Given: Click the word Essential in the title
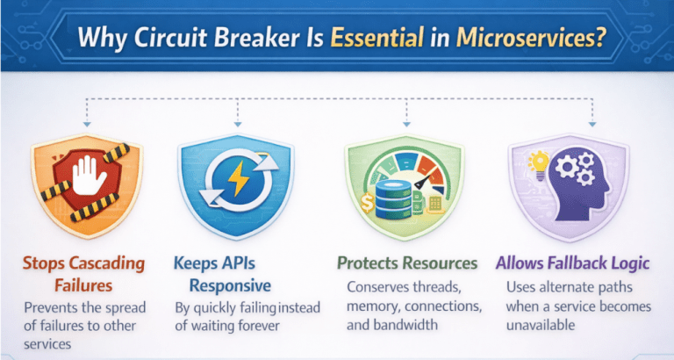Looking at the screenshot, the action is click(377, 38).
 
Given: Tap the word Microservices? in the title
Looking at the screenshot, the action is click(531, 38).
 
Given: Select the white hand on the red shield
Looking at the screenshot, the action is click(89, 176).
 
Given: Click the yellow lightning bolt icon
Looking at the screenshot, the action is click(238, 178).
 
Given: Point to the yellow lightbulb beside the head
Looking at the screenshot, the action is click(539, 164).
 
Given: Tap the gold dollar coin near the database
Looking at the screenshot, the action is click(368, 203).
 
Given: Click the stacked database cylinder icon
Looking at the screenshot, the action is click(393, 199).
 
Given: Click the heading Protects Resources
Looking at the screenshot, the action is click(407, 263).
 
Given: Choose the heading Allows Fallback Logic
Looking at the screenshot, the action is click(572, 263).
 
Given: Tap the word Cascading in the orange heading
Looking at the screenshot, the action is click(107, 263).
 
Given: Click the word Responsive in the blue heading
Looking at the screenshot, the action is click(230, 285).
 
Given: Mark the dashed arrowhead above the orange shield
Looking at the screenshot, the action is click(87, 125).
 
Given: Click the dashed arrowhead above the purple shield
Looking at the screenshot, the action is click(592, 125).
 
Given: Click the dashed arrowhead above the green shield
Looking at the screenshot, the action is click(406, 125).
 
